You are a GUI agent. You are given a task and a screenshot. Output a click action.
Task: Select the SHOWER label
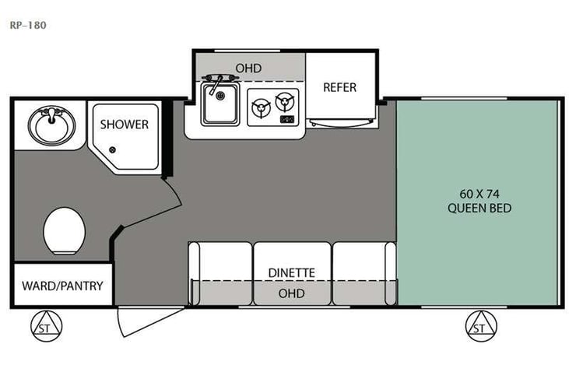[124, 124]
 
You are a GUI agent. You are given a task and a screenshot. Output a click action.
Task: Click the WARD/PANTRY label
[61, 286]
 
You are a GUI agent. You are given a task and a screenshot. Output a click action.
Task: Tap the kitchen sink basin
[220, 106]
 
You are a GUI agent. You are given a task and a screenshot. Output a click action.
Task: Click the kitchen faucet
[214, 79]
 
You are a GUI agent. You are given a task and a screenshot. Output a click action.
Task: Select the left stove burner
[260, 108]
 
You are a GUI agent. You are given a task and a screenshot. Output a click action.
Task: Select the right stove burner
[286, 102]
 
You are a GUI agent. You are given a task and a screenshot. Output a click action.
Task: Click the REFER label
[339, 87]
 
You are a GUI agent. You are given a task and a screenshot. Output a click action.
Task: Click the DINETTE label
[291, 272]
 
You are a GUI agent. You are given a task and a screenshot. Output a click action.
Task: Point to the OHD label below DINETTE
[291, 293]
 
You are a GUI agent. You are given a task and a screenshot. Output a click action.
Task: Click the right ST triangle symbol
[479, 328]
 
